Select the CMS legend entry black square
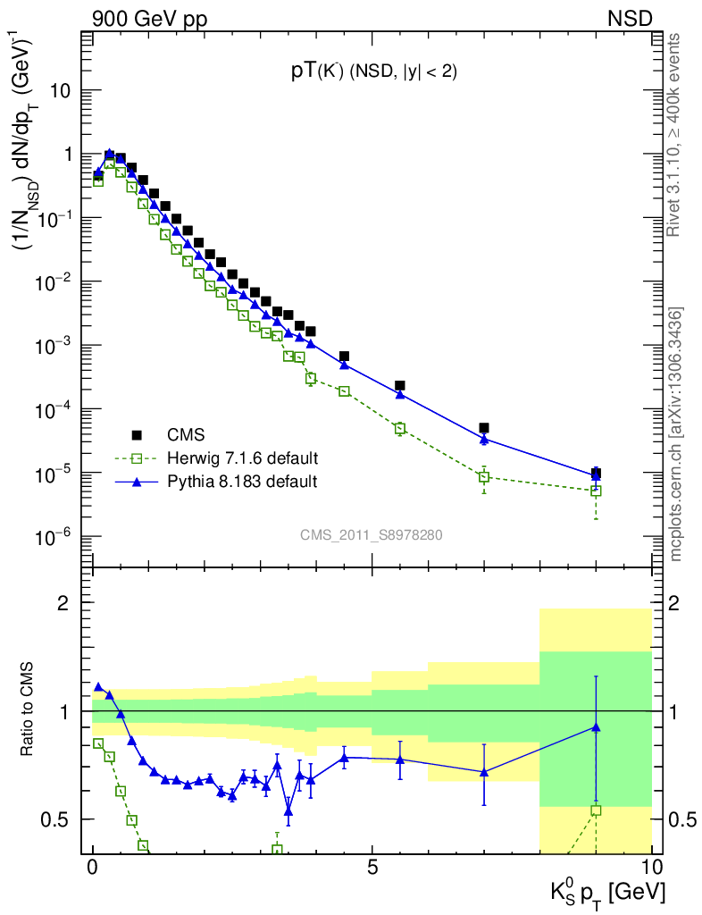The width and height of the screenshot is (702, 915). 137,435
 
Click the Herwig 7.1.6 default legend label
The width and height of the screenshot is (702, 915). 243,458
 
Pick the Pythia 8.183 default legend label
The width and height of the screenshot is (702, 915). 243,482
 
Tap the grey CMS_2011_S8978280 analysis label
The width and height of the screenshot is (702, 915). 371,535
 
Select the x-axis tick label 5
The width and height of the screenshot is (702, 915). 372,868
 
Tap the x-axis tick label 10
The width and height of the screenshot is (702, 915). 651,868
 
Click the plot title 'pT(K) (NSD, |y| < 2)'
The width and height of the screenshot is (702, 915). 374,73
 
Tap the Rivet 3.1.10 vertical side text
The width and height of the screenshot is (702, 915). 674,135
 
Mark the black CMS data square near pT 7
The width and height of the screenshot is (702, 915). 484,428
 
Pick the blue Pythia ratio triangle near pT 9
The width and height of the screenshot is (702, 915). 596,727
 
